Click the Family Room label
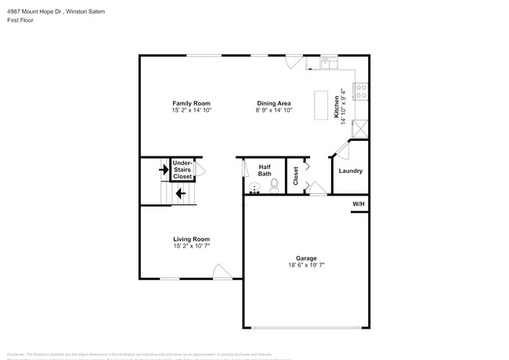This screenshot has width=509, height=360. [191, 103]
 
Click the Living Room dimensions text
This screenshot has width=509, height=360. [191, 246]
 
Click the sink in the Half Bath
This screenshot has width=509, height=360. [254, 187]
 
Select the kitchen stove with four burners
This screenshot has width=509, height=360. [363, 92]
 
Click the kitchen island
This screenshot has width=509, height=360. [319, 106]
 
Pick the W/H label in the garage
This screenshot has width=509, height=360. [359, 204]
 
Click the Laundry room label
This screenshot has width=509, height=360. [350, 171]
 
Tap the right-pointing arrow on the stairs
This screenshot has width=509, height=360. [164, 169]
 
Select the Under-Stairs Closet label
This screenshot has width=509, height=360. [182, 170]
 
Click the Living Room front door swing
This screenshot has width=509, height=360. [221, 272]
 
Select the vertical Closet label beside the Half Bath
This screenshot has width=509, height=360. [295, 177]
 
